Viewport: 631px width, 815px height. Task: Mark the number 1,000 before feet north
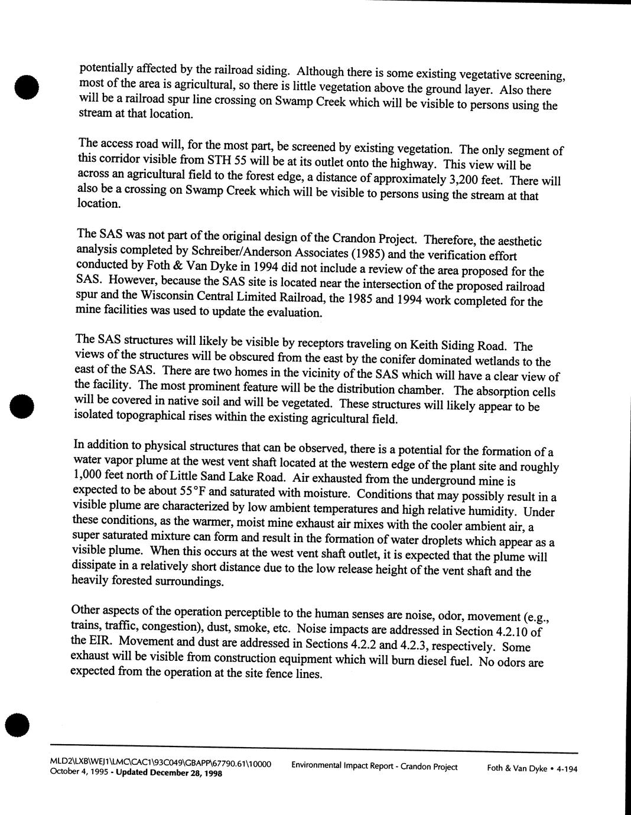coord(89,475)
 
